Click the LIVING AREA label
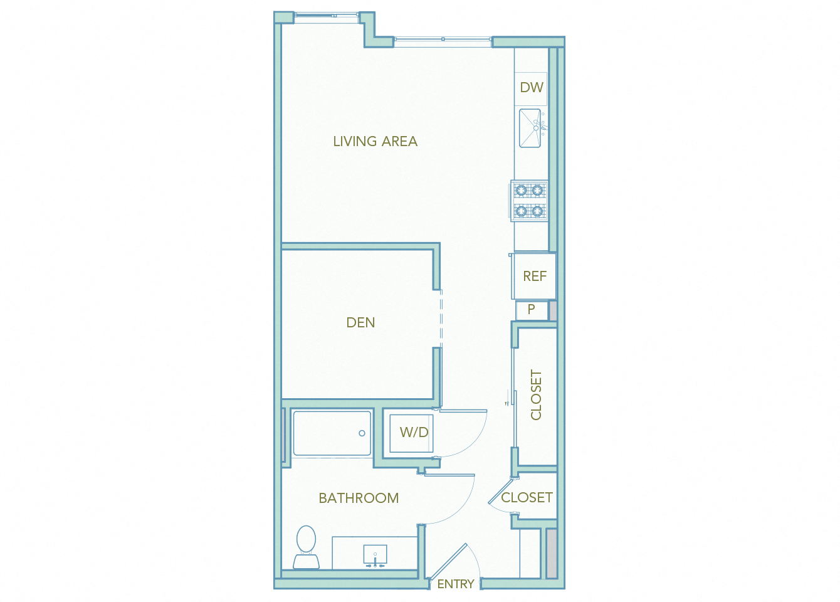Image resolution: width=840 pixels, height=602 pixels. [x=375, y=142]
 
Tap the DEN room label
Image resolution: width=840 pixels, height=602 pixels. [x=360, y=323]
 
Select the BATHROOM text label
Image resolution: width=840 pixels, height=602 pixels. [x=359, y=499]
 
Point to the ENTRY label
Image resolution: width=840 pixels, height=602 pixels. [x=456, y=584]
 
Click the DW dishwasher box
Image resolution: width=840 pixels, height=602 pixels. [x=532, y=88]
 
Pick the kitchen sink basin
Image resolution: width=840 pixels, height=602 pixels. [x=530, y=129]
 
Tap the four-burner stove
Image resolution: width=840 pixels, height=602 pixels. [x=529, y=201]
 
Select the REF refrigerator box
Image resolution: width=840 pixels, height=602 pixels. [x=535, y=277]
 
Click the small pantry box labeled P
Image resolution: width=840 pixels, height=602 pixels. [x=532, y=310]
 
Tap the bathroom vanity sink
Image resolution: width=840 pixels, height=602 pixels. [x=375, y=555]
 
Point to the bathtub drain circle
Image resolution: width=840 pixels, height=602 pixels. [x=362, y=433]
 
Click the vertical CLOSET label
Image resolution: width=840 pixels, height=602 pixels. [x=536, y=394]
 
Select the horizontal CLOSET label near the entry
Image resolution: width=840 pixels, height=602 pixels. [x=527, y=498]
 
